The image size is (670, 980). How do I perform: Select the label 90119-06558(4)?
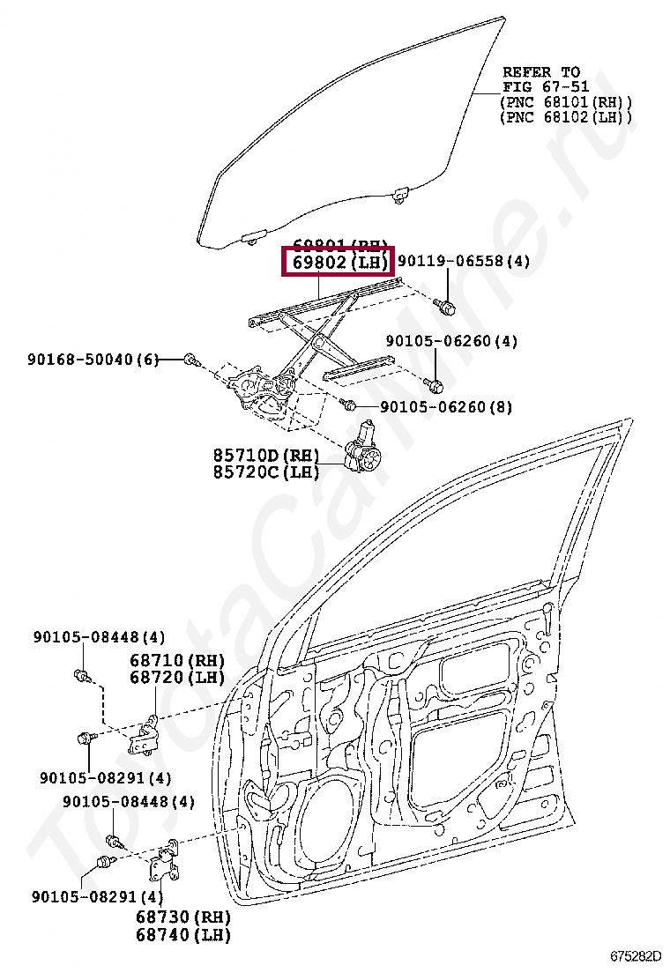coord(464,262)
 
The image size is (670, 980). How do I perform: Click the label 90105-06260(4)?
coord(451,341)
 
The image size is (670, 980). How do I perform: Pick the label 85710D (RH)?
coord(264,456)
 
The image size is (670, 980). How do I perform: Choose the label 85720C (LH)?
coord(264,472)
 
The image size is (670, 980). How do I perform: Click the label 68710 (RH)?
coord(176,660)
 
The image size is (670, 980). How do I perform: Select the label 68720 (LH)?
coord(176,677)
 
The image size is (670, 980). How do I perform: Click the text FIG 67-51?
coord(540,87)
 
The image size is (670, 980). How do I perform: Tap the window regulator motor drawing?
coord(361,457)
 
